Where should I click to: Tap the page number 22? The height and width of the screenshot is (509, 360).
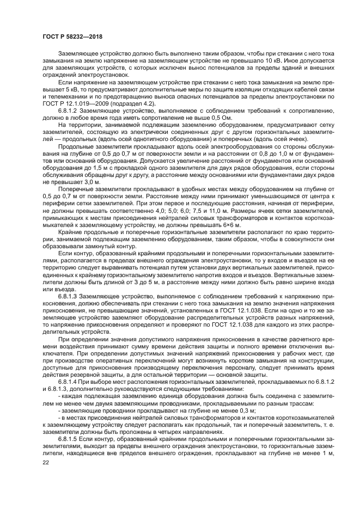pyautogui.click(x=46, y=462)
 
